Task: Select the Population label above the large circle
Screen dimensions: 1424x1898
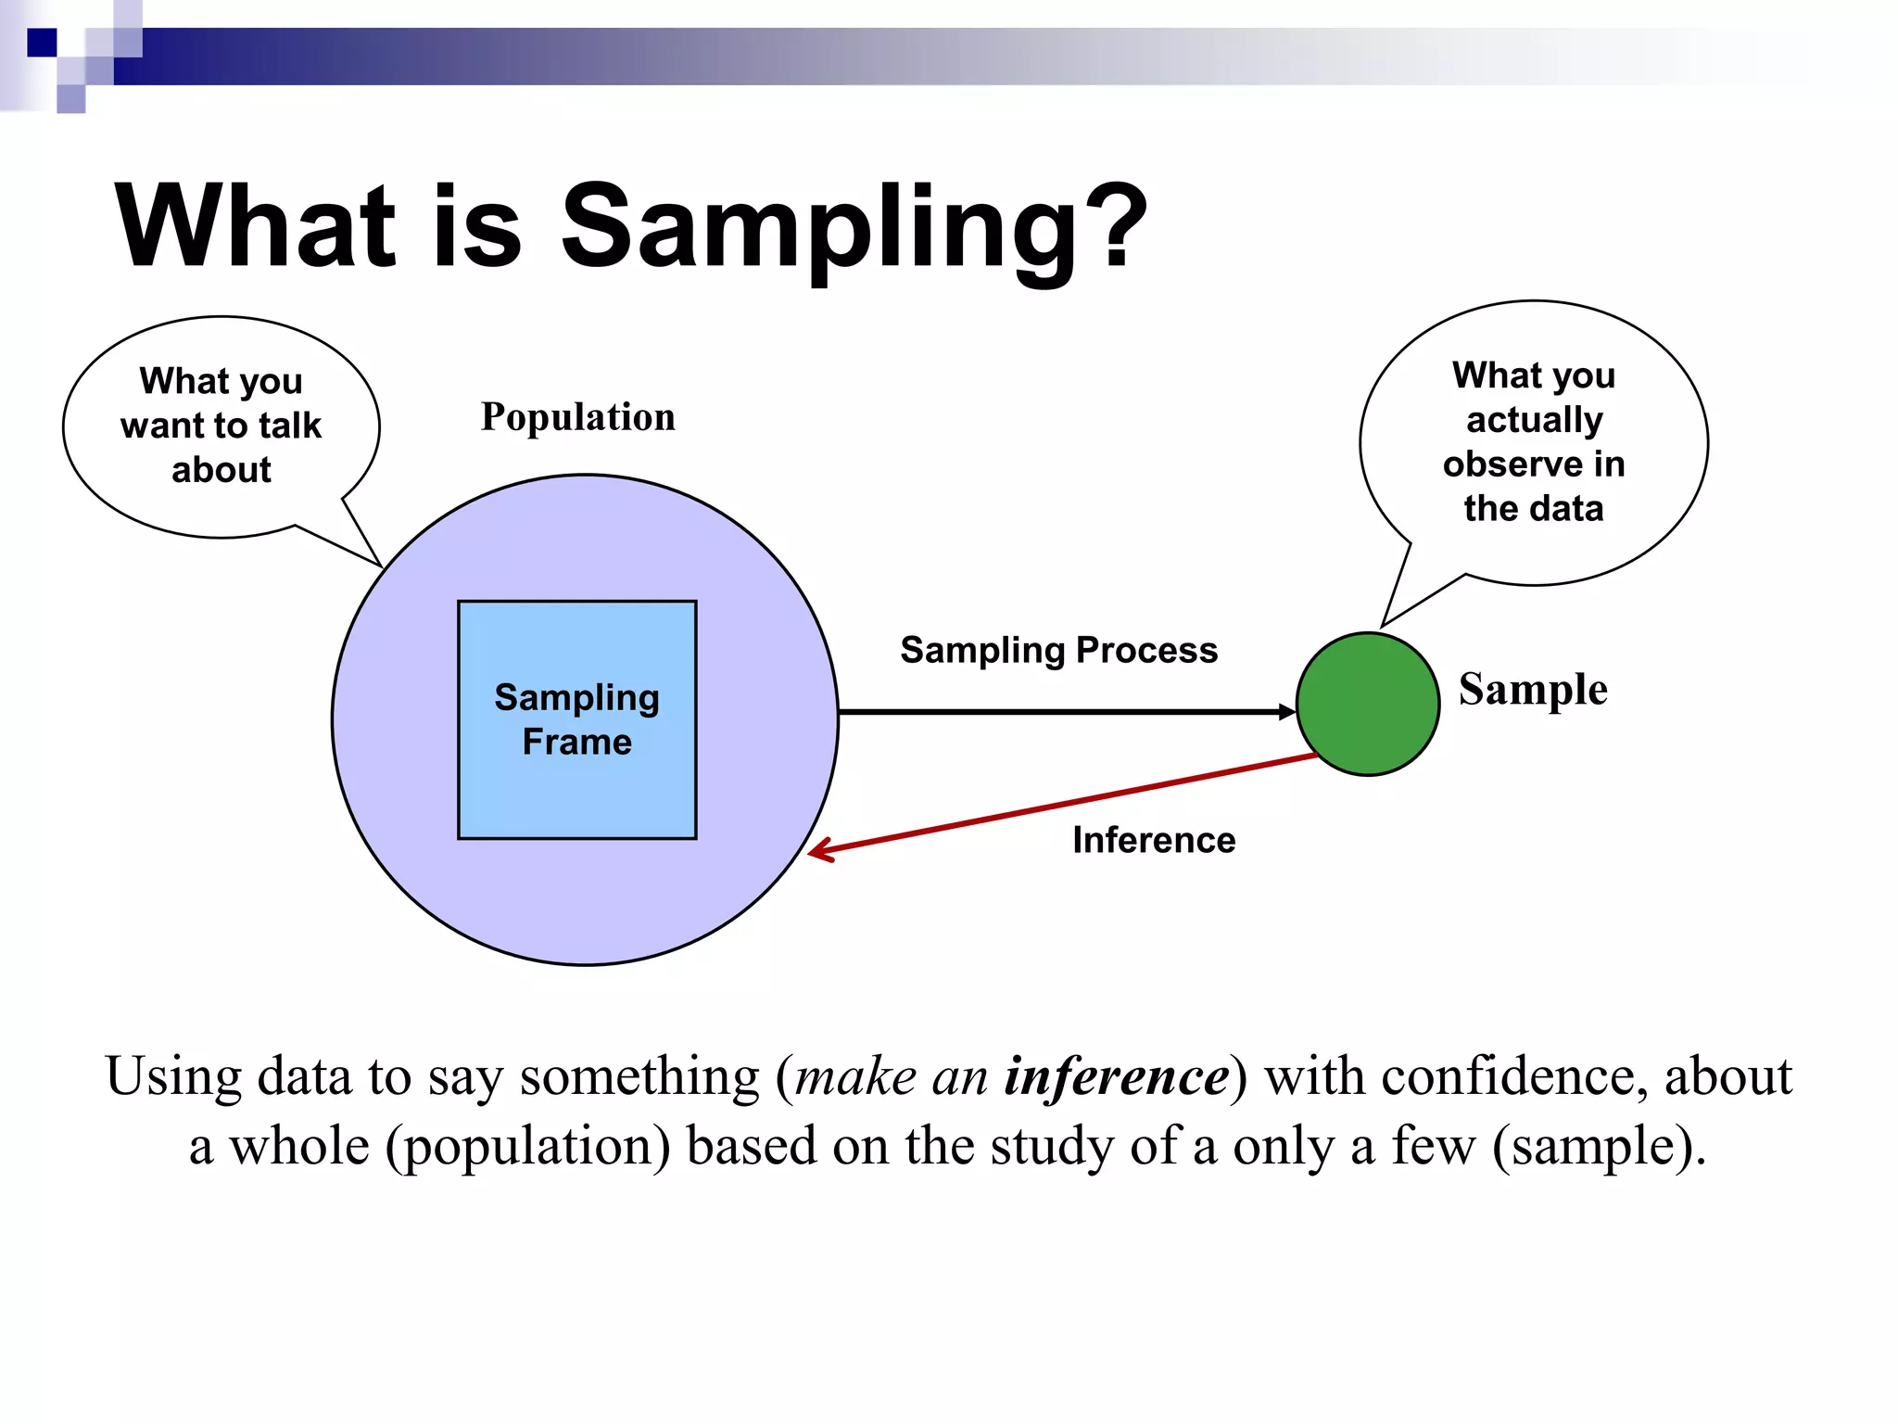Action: [577, 416]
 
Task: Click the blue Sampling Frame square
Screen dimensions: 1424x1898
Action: [576, 797]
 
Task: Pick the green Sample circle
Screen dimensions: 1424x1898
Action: [1367, 704]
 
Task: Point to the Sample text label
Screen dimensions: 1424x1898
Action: [1532, 689]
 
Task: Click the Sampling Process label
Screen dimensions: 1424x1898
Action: [1058, 650]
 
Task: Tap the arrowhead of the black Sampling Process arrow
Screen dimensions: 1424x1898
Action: [1287, 712]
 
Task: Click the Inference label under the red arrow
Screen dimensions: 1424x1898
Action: [1153, 840]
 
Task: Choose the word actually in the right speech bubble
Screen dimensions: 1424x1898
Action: [1534, 420]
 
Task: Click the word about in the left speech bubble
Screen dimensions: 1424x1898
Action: [221, 470]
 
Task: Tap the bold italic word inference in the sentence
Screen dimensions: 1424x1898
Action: [1117, 1076]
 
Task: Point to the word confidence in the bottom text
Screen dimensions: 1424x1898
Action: [1511, 1076]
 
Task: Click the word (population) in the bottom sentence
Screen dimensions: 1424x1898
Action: [527, 1147]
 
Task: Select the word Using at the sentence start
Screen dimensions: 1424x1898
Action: [173, 1076]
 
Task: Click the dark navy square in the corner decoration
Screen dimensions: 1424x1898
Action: [42, 43]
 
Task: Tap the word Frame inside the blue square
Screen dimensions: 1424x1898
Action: [576, 742]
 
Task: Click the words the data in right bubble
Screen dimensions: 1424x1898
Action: [1533, 508]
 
